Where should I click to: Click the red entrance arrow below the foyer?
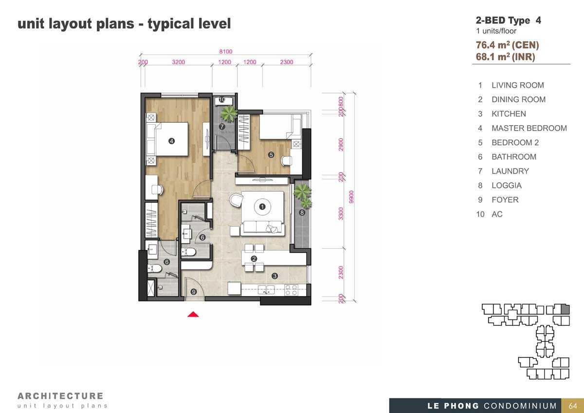click(193, 315)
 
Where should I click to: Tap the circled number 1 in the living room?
click(262, 207)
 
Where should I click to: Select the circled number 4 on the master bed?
click(171, 141)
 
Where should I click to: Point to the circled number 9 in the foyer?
click(194, 292)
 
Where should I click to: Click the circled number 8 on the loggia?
click(302, 213)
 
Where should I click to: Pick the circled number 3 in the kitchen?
click(274, 276)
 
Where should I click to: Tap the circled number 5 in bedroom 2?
click(271, 155)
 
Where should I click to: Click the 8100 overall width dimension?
click(226, 52)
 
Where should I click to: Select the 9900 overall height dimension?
click(351, 197)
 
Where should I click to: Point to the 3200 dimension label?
click(179, 62)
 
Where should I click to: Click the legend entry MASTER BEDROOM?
click(529, 128)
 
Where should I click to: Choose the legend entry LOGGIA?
click(507, 186)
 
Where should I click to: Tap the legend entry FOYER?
click(505, 200)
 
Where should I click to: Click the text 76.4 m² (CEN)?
click(507, 45)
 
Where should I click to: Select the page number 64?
click(573, 406)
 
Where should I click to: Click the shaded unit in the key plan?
click(565, 309)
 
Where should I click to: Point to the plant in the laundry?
click(229, 113)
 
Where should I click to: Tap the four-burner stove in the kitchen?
click(291, 290)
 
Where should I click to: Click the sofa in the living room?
click(262, 228)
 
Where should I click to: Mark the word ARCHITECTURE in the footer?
click(60, 396)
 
